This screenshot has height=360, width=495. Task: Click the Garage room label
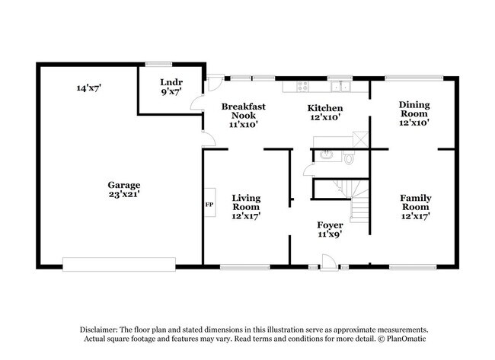tap(123, 184)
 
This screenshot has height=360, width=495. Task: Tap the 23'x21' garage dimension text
tap(123, 195)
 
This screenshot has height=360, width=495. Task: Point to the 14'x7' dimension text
tap(89, 88)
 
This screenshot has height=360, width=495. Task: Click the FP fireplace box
tap(208, 205)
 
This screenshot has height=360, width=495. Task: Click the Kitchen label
tap(324, 108)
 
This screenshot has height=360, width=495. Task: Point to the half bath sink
tap(327, 156)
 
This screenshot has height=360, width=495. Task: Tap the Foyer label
tap(329, 225)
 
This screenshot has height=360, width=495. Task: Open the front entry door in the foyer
tap(328, 263)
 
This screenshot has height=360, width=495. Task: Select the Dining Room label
tap(415, 110)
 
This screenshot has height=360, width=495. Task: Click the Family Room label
tap(416, 202)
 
